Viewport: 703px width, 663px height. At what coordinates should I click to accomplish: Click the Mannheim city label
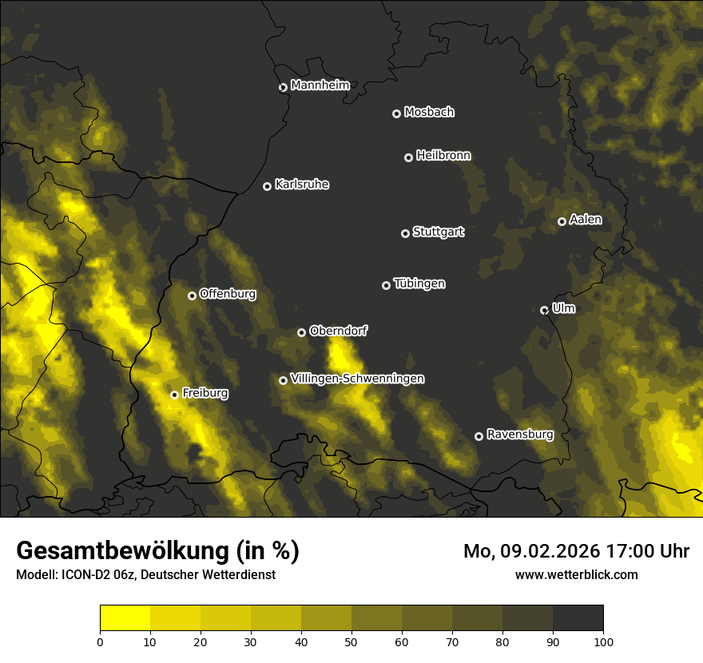[x=320, y=85]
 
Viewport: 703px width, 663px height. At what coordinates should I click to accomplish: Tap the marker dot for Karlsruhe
[x=267, y=186]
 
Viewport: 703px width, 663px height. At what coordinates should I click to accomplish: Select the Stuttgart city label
[x=438, y=232]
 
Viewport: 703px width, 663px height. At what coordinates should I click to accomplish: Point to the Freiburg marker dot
[x=174, y=395]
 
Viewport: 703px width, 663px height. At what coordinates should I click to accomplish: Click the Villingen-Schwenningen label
[x=357, y=378]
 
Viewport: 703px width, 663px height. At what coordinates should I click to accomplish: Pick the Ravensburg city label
[x=519, y=435]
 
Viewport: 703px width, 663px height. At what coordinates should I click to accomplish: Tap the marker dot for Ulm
[x=544, y=310]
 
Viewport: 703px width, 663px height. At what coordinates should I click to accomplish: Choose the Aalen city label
[x=586, y=219]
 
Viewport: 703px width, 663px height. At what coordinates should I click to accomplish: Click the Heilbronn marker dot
[x=408, y=157]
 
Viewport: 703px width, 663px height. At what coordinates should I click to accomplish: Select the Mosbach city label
[x=429, y=112]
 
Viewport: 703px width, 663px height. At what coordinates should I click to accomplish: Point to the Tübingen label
[x=419, y=284]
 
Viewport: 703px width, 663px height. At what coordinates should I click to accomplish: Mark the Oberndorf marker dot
[x=301, y=332]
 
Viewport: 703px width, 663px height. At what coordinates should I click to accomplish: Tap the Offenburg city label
[x=228, y=293]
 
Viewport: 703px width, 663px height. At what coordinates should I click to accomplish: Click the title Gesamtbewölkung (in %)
[x=157, y=551]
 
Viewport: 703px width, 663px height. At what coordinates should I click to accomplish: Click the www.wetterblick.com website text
[x=577, y=574]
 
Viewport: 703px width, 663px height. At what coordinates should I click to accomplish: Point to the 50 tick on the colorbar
[x=351, y=641]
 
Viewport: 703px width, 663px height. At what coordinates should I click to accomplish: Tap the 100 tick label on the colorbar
[x=603, y=641]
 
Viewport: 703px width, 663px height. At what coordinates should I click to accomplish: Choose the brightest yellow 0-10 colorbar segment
[x=125, y=618]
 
